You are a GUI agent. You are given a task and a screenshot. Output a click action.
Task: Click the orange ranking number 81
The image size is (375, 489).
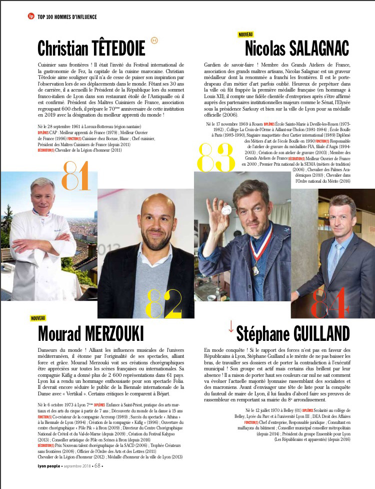[x=76, y=176]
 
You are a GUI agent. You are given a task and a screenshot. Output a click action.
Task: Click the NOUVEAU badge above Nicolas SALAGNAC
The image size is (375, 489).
[x=245, y=35]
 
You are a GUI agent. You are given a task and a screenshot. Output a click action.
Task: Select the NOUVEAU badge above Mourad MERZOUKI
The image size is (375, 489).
[x=38, y=318]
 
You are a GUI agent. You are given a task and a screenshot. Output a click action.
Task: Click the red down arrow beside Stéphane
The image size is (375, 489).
[x=230, y=326]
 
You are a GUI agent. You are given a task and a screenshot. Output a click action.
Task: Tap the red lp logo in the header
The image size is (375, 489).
[x=31, y=17]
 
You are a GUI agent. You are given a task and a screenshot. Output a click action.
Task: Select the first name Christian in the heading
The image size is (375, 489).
[x=61, y=49]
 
